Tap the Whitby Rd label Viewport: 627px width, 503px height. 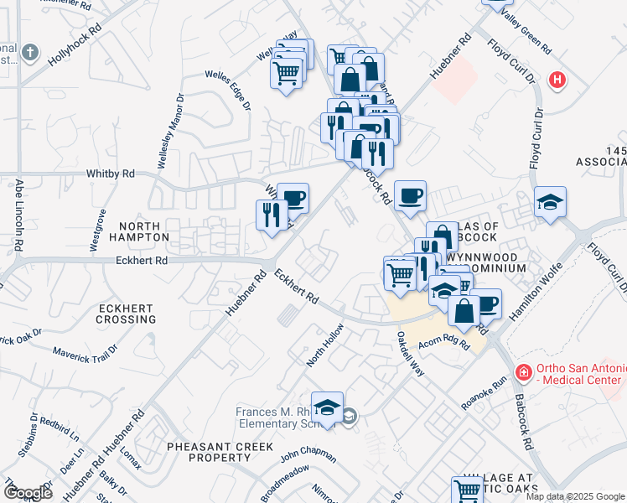(x=111, y=174)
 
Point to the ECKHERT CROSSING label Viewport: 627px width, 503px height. (x=126, y=314)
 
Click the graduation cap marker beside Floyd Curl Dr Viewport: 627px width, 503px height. (x=551, y=202)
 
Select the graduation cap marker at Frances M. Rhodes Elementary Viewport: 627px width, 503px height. (x=327, y=407)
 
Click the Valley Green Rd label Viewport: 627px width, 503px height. (x=526, y=30)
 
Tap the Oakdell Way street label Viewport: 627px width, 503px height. (x=411, y=352)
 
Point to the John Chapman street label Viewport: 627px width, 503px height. (x=308, y=455)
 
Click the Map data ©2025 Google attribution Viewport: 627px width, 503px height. (x=575, y=496)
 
